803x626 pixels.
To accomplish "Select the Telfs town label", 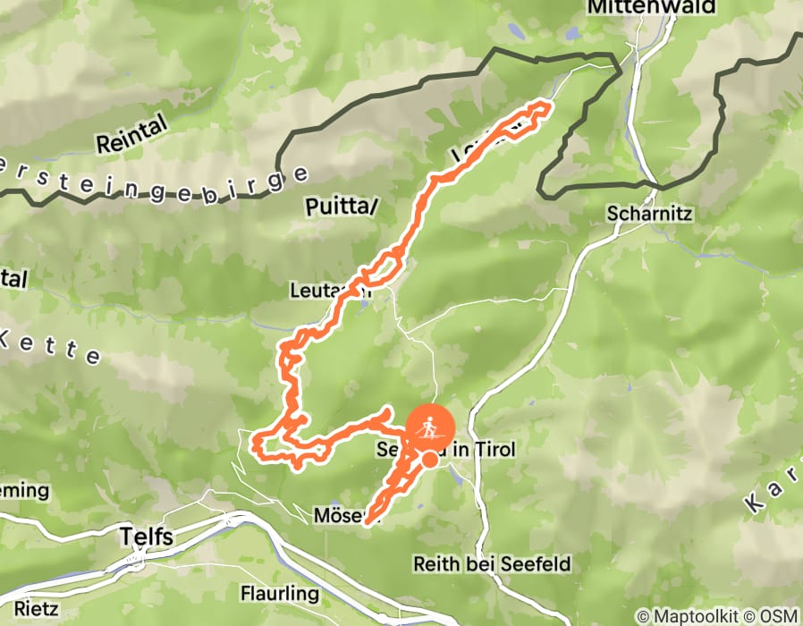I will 147,537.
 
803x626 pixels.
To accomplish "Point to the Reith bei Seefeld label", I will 491,565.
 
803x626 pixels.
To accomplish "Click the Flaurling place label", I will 279,594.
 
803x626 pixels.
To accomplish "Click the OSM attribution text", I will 776,616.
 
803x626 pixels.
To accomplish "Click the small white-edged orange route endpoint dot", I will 430,460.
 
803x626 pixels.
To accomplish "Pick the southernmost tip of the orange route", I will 368,521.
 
